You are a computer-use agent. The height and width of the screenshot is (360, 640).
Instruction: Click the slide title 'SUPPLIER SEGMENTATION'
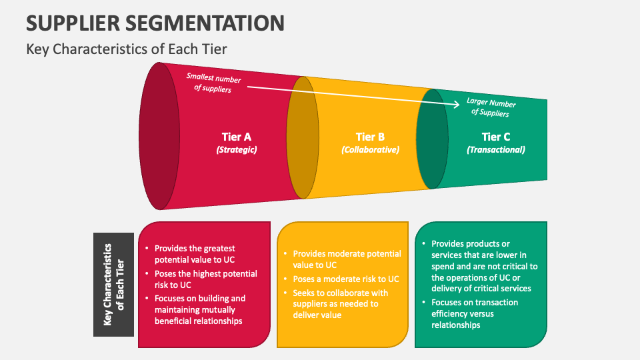[155, 23]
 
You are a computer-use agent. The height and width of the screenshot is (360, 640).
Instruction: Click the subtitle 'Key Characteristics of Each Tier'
[127, 49]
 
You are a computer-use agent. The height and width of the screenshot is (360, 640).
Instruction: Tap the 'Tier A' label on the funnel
[236, 137]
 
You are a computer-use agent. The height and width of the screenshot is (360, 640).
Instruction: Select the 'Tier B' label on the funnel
[370, 137]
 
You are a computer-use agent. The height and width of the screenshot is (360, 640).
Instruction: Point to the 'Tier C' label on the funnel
[496, 137]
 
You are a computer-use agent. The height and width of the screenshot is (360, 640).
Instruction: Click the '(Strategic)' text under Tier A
[237, 150]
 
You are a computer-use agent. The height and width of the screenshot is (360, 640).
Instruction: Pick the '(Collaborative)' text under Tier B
[370, 150]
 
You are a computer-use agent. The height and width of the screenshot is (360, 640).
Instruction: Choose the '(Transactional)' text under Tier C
[496, 150]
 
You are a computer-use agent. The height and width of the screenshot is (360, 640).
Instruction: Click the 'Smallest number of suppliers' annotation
[213, 83]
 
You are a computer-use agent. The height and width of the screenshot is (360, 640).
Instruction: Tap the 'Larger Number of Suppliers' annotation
[491, 108]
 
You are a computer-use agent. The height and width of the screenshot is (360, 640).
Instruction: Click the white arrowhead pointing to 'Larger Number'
[456, 103]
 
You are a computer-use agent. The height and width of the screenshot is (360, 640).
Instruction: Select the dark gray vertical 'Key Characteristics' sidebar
[114, 284]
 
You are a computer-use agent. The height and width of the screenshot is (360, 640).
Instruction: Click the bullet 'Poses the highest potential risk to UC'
[205, 279]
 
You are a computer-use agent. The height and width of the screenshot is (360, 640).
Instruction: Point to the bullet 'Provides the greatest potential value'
[195, 253]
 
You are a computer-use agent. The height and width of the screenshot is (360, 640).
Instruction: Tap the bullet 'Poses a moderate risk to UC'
[345, 279]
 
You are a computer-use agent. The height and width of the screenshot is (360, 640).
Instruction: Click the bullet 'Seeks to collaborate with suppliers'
[340, 303]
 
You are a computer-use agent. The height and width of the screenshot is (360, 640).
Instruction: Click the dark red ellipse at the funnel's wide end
[159, 136]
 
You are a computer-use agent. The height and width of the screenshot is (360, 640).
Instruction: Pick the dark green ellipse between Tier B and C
[432, 138]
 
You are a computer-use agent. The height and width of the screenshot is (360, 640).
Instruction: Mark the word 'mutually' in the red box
[219, 309]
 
